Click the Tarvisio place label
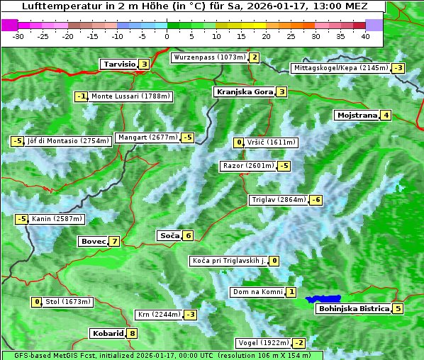[x=118, y=64]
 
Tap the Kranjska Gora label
[x=244, y=91]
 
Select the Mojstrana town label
[x=357, y=115]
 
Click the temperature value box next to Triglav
[x=316, y=200]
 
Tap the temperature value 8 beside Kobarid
[x=132, y=333]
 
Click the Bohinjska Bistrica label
[x=354, y=308]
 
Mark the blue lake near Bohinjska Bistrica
[x=323, y=299]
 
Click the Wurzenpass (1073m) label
[x=209, y=57]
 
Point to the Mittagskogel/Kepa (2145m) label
[x=341, y=68]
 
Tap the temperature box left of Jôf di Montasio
[x=16, y=141]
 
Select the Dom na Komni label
[x=257, y=292]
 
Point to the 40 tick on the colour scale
[x=365, y=36]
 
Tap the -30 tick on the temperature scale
[x=18, y=36]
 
